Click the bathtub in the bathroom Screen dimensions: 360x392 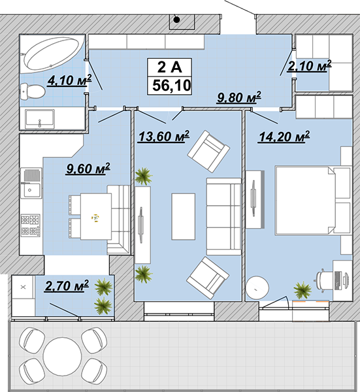[x=52, y=53]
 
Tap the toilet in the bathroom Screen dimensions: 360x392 [x=33, y=91]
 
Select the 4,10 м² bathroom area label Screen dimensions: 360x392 [x=69, y=80]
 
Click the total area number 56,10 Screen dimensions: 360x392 [x=172, y=85]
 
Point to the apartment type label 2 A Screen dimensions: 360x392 [x=170, y=67]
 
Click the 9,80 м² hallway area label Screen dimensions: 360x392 [x=239, y=97]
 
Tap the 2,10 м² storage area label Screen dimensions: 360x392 [x=310, y=66]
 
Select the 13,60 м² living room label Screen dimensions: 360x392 [x=164, y=137]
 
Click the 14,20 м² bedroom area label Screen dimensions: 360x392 [x=284, y=137]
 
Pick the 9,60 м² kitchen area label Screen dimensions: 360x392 [x=88, y=169]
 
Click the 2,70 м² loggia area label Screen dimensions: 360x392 [x=67, y=286]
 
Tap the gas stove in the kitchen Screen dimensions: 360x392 [x=30, y=225]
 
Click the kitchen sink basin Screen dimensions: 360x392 [x=31, y=190]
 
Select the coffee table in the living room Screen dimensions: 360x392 [x=183, y=216]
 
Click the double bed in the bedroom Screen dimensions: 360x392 [x=313, y=201]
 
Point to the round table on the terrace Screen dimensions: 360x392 [x=62, y=356]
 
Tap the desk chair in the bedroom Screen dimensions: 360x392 [x=324, y=280]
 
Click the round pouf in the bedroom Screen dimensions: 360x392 [x=257, y=287]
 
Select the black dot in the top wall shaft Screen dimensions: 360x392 [x=177, y=20]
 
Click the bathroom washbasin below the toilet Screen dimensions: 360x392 [x=40, y=119]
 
